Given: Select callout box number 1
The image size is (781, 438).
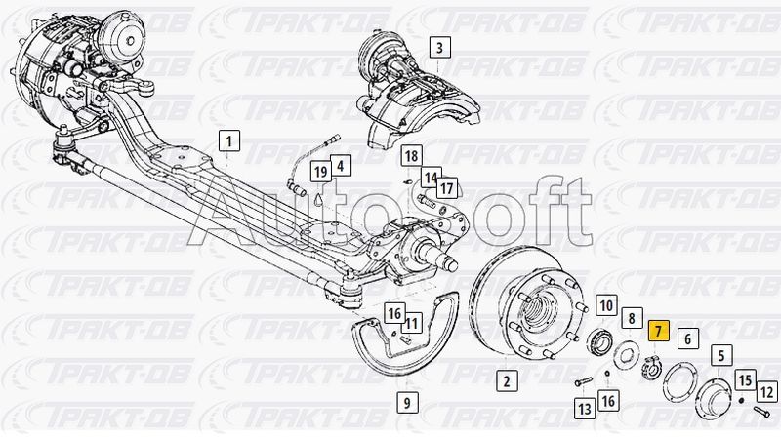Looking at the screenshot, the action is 229,141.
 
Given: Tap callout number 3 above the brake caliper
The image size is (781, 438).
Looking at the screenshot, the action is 439,47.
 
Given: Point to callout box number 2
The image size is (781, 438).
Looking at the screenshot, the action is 507,381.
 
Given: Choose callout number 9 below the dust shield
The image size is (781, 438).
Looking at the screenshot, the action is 407,402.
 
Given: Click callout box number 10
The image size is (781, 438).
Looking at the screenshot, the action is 606,305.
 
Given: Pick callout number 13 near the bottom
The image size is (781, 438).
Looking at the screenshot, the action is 584,409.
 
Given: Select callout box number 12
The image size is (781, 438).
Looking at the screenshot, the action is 767,392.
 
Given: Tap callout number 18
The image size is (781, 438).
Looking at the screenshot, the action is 411,156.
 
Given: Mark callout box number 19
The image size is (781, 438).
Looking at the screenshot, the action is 321,173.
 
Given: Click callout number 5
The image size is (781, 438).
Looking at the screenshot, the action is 721,355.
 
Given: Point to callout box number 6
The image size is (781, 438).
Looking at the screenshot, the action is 688,338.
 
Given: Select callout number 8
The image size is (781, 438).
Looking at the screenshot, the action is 632,318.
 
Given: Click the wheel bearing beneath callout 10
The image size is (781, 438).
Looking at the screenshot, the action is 599,342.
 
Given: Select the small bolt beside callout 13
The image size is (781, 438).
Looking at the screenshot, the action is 583,382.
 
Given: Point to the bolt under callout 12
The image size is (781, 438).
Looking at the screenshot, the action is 761,411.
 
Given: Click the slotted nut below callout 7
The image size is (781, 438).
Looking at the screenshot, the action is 651,369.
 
